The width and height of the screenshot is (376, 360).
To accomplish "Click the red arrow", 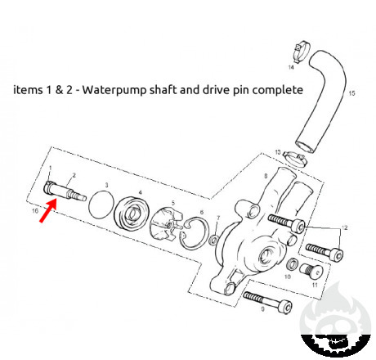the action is click(x=48, y=210).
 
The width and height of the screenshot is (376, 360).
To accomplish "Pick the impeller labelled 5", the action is click(x=166, y=224).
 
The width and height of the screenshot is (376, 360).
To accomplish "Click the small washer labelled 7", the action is click(x=213, y=240).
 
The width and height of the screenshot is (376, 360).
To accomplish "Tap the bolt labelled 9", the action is click(x=267, y=302).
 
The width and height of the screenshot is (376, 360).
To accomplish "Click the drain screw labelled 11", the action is click(x=311, y=271).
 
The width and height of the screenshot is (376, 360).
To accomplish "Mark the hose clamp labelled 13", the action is click(x=295, y=159).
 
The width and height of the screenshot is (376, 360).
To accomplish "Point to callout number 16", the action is click(x=35, y=211).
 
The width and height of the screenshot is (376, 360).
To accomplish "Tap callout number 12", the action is click(x=345, y=227).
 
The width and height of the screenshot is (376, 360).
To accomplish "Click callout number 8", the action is click(x=266, y=176).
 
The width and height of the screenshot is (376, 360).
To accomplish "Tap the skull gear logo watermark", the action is click(x=335, y=322).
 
